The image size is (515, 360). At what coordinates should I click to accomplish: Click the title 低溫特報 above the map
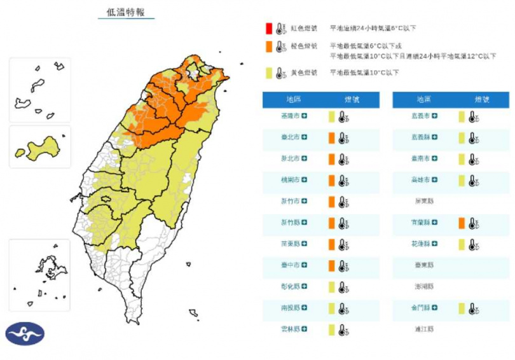pos(126,12)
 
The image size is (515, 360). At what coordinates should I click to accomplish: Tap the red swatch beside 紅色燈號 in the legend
pos(270,28)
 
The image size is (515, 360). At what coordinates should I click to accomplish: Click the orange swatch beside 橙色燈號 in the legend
pos(270,46)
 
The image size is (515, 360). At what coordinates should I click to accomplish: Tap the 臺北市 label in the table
pos(292,137)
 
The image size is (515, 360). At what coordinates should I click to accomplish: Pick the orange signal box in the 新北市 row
pos(331,159)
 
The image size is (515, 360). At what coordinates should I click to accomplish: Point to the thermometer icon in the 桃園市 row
pos(343,181)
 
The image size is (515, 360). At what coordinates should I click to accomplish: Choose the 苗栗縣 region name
pos(292,244)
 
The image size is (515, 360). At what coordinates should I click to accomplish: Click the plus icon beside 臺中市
pos(305,265)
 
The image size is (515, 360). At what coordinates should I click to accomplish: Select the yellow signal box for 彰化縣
pos(331,287)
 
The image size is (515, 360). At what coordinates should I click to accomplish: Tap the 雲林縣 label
pos(292,329)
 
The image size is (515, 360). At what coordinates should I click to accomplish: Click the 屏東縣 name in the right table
pos(423,202)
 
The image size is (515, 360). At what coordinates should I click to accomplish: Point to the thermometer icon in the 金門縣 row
pos(473,308)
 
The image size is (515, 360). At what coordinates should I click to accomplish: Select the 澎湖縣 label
pos(423,287)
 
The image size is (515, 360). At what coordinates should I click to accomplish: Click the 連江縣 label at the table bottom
pos(423,329)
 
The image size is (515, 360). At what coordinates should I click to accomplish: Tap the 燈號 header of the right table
pos(481,100)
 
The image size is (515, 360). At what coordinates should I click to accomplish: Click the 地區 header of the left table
pos(294,100)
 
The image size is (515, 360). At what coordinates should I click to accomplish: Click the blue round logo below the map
pos(25,334)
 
